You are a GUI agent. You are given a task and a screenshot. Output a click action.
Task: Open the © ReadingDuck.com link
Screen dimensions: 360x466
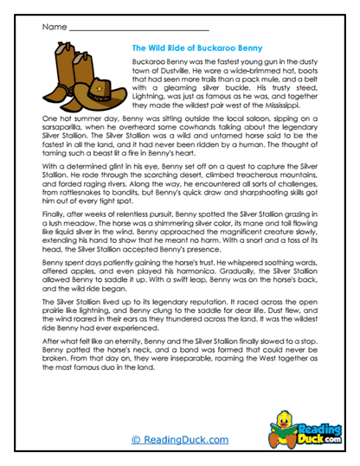click(x=180, y=440)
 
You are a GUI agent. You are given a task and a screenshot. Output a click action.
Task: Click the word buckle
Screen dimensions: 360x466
click(x=226, y=89)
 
